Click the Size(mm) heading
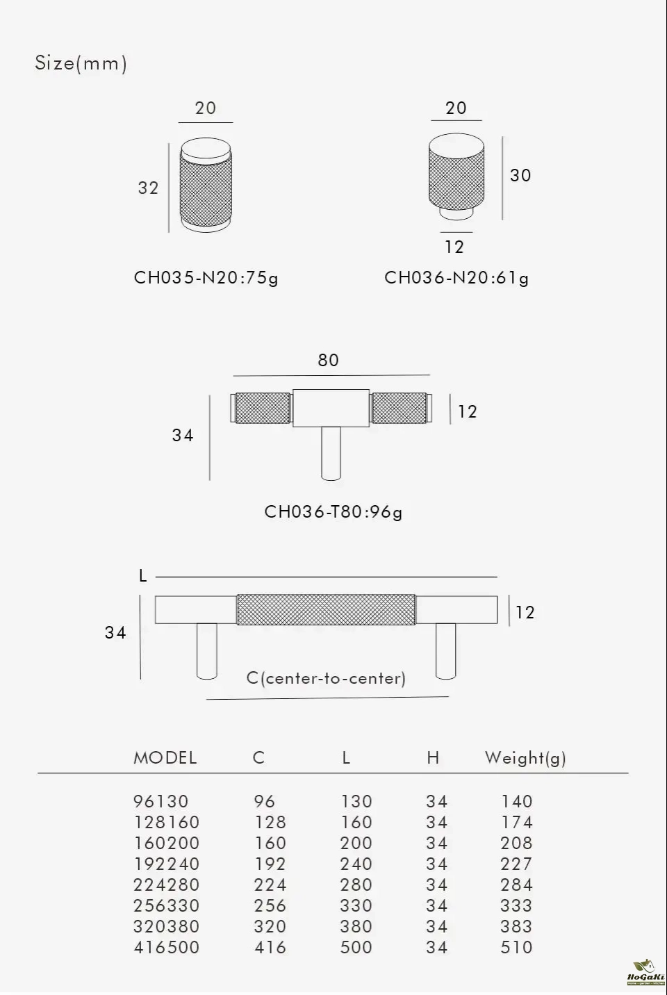pos(81,63)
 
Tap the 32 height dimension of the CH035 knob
pos(148,188)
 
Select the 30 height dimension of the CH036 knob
pos(520,176)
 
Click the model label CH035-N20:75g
pos(206,278)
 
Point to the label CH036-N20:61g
pos(456,278)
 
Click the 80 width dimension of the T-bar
pos(328,360)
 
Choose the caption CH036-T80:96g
pos(333,512)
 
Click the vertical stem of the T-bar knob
pos(331,454)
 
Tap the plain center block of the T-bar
pos(331,409)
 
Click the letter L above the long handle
pos(142,576)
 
